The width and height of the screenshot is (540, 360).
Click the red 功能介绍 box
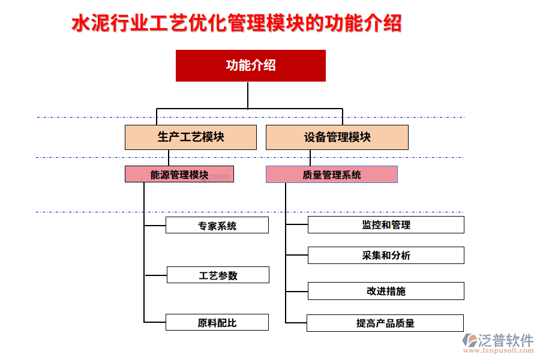[250, 65]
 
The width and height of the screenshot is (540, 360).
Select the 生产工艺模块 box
[191, 137]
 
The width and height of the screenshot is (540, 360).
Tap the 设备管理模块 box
[337, 137]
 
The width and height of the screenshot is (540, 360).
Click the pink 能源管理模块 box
[179, 175]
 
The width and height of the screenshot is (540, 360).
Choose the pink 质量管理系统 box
[331, 175]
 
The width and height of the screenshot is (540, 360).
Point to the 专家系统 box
[217, 226]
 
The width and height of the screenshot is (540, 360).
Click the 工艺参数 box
[218, 275]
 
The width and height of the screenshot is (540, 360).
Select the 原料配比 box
[217, 322]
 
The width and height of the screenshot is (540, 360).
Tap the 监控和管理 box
[385, 225]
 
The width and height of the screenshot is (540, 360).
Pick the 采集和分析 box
[385, 256]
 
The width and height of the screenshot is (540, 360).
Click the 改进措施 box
[385, 291]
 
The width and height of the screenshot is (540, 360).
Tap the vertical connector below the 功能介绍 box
[247, 95]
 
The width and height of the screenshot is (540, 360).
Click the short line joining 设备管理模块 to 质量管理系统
[310, 158]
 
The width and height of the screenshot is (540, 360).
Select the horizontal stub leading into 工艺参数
[155, 275]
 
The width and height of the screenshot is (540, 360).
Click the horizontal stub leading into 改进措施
[296, 292]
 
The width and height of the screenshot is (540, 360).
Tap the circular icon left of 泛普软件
[469, 341]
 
